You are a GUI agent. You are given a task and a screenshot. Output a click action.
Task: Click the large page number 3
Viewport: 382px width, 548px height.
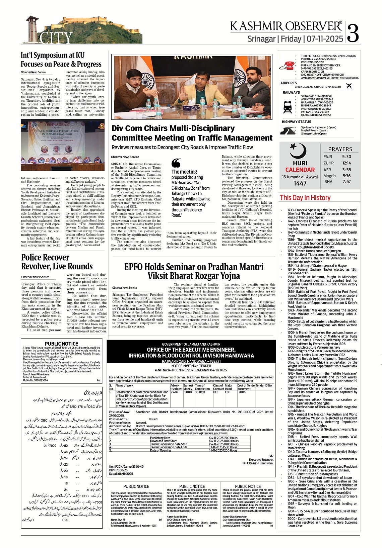[353, 33]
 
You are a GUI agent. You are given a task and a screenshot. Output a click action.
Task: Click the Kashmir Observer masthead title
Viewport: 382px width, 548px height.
[286, 26]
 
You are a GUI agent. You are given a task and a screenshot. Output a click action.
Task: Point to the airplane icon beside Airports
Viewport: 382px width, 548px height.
[349, 86]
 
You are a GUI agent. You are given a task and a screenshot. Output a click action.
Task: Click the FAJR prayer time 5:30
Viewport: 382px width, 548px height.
[346, 157]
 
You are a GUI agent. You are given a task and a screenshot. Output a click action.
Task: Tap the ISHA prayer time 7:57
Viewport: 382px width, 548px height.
[346, 182]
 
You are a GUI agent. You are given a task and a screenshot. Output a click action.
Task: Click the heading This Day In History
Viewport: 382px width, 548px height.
[305, 198]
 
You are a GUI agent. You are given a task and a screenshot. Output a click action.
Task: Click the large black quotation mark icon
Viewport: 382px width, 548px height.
[176, 163]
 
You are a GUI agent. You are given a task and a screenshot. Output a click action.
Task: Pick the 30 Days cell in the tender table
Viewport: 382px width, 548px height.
[200, 392]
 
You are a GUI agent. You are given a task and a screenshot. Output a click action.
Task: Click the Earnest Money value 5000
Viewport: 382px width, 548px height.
[188, 392]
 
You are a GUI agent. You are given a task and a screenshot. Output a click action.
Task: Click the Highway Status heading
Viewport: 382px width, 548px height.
[296, 122]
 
